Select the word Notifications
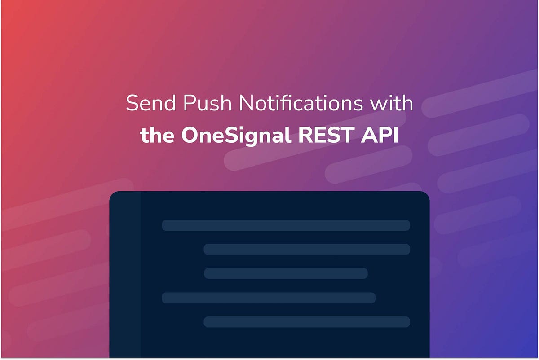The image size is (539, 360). coord(300,104)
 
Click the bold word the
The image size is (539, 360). coord(157,135)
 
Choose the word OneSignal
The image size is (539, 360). coord(236,136)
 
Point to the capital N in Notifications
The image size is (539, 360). coord(246,104)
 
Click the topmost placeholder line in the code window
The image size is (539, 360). coord(286,225)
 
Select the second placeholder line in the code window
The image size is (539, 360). coord(307,250)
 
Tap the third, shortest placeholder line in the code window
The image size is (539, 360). coord(286,273)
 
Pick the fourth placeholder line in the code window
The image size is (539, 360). coord(269,298)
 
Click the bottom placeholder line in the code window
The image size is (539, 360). coord(307,322)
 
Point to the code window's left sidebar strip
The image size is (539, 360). coord(125,274)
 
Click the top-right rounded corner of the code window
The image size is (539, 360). coord(424,196)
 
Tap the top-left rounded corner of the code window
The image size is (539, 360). coord(115,196)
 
